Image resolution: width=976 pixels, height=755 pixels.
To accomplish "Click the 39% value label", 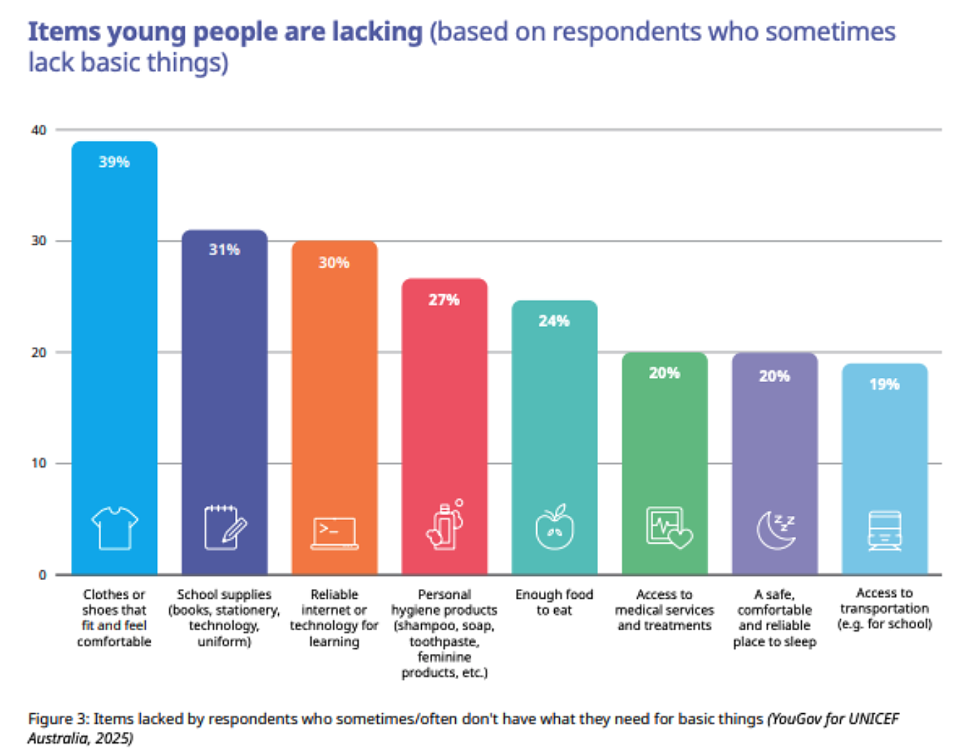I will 114,162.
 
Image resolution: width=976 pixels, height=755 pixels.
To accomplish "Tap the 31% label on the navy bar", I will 224,250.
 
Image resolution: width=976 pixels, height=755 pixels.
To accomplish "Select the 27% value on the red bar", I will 444,300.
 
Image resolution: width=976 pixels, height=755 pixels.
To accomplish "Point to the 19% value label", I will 884,384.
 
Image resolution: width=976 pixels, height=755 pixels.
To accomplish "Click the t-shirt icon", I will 114,528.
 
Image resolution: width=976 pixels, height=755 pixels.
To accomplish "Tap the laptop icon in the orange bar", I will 335,533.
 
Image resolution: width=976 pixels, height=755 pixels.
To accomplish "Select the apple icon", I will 554,528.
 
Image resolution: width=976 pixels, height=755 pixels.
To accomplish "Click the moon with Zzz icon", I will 775,529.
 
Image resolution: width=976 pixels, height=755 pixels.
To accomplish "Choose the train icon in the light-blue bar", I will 885,531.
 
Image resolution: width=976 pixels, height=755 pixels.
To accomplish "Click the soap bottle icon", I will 445,526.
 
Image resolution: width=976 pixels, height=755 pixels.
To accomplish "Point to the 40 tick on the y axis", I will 38,130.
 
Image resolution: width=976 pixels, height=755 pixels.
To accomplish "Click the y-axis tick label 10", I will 38,464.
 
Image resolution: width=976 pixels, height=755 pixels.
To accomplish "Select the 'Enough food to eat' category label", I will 554,602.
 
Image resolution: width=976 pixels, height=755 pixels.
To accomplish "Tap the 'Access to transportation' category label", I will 884,608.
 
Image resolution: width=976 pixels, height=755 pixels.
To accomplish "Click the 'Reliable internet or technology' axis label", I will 334,618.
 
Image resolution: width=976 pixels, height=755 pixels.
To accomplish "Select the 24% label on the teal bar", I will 554,321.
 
